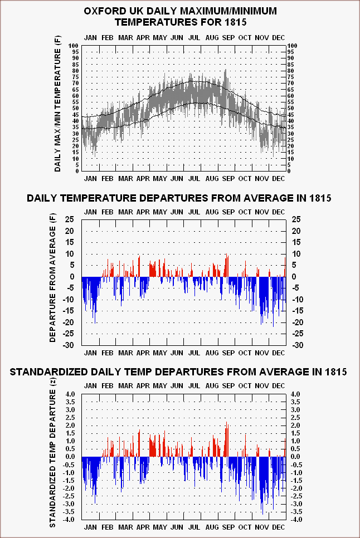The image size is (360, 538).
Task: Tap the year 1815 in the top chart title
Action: click(x=236, y=22)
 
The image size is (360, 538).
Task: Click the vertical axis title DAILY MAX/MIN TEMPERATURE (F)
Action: click(x=57, y=104)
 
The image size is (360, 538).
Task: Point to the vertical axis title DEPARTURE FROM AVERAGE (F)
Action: click(x=52, y=279)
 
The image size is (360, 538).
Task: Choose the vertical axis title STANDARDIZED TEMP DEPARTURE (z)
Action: click(x=52, y=453)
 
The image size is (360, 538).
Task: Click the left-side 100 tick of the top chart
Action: click(x=74, y=46)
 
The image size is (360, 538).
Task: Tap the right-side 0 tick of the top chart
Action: click(x=289, y=171)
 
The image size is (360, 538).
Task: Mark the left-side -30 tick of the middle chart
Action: click(x=69, y=345)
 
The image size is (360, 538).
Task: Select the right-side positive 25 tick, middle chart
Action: click(x=296, y=219)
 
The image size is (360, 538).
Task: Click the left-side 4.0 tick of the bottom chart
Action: click(x=70, y=394)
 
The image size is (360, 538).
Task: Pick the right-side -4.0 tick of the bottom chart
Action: click(x=296, y=520)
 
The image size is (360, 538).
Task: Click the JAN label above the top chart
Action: click(x=91, y=38)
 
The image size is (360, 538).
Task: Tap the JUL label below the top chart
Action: click(x=194, y=179)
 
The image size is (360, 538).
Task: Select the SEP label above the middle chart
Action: click(x=228, y=212)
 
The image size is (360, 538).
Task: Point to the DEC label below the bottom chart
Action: click(x=278, y=527)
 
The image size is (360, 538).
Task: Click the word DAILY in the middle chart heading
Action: click(x=41, y=198)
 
